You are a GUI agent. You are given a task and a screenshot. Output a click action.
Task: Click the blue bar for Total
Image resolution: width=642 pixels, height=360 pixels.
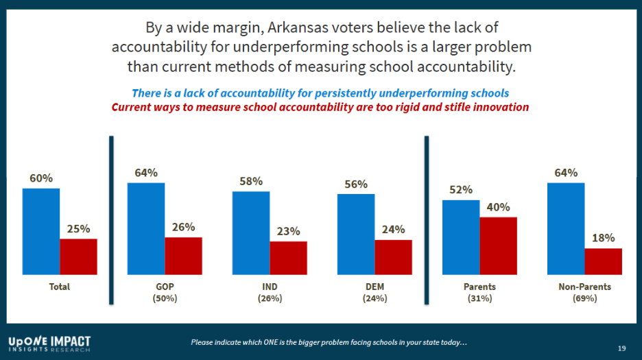click(x=41, y=231)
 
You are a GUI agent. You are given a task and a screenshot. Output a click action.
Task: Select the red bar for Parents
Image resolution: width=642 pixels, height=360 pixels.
click(x=498, y=245)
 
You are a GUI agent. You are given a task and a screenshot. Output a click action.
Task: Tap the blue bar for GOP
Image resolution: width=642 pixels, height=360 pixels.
click(x=146, y=228)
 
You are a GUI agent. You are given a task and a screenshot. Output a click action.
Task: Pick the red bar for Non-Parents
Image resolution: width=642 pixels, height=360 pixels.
click(x=603, y=261)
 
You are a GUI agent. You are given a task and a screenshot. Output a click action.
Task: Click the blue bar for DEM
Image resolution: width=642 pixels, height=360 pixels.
click(x=356, y=234)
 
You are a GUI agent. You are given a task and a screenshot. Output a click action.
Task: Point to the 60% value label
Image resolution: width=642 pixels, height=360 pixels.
click(x=41, y=178)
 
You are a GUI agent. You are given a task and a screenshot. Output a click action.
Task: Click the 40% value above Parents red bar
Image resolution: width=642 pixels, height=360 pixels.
click(x=498, y=207)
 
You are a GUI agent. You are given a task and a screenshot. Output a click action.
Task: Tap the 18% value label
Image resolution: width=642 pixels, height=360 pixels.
click(x=603, y=238)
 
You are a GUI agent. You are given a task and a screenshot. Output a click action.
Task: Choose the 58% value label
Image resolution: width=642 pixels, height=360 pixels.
click(x=251, y=182)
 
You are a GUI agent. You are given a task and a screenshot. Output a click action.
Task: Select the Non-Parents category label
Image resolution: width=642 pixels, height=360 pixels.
click(x=584, y=287)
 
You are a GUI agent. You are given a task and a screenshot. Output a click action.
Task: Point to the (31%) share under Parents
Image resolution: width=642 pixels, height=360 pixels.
click(x=479, y=298)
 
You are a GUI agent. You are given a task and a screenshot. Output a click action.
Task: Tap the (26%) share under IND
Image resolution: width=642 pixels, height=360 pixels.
click(x=270, y=298)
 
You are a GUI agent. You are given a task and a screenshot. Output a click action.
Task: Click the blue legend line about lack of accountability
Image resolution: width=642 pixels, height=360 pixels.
click(x=320, y=93)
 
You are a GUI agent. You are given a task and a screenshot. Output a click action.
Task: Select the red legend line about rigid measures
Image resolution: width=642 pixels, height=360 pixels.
click(x=320, y=107)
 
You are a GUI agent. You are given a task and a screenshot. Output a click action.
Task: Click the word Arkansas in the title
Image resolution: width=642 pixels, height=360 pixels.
click(x=294, y=28)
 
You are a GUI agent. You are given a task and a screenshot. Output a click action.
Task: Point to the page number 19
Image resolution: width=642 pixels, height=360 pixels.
click(x=621, y=348)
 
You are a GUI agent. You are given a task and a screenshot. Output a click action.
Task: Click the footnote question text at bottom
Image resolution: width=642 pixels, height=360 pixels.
click(x=329, y=342)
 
